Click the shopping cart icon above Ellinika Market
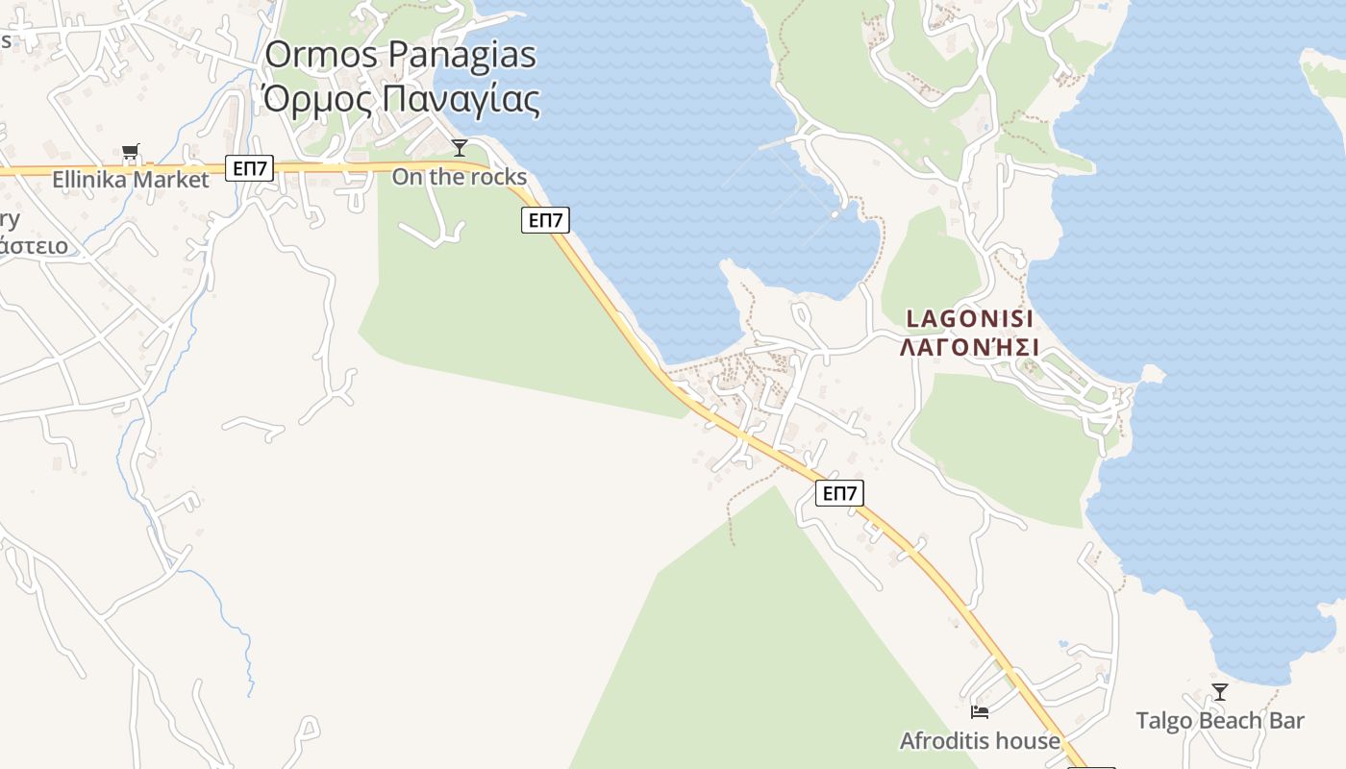coord(131,151)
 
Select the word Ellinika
coord(90,180)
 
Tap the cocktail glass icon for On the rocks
coord(460,147)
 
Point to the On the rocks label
coord(460,177)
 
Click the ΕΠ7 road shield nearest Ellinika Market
coord(251,169)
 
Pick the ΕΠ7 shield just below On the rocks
coord(545,220)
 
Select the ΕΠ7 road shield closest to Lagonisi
coord(839,494)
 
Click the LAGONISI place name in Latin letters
coord(969,319)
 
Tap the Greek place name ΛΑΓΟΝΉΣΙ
coord(969,347)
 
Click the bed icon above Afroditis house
coord(980,712)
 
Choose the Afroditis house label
coord(980,741)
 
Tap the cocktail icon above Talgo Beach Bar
coord(1219,691)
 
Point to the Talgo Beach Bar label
coord(1219,721)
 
